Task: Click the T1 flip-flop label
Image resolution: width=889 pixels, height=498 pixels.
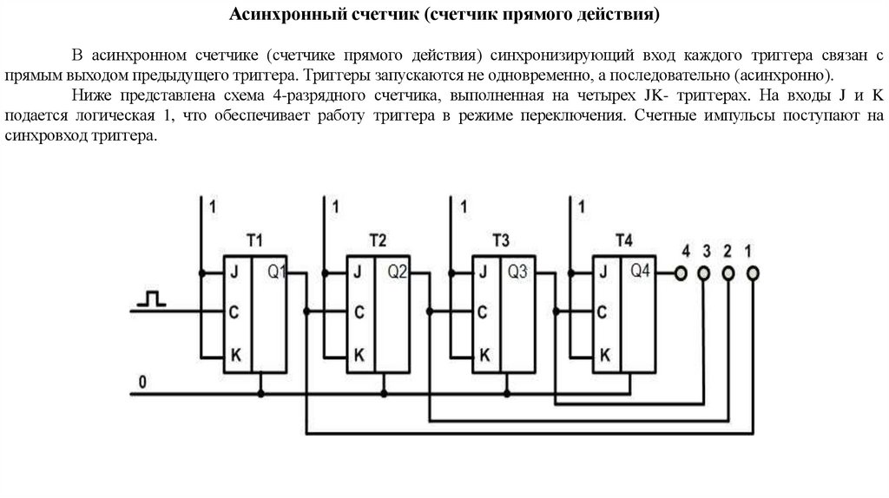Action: [254, 239]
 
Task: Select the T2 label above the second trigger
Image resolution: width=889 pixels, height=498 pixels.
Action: [378, 239]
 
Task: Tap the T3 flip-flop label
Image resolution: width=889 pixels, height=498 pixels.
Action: [501, 239]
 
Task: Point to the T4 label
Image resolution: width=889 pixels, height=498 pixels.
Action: [623, 239]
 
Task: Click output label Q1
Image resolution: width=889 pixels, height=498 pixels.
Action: [276, 272]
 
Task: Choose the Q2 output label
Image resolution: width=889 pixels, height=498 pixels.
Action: [398, 272]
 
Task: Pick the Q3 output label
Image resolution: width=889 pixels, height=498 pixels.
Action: [518, 272]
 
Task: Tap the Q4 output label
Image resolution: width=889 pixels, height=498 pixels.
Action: [640, 271]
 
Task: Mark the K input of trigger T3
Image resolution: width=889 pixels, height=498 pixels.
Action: [484, 354]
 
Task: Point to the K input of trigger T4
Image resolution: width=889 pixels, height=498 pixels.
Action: [605, 354]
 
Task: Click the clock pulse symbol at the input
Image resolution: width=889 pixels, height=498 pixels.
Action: [152, 299]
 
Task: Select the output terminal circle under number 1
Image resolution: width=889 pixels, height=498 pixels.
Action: [752, 273]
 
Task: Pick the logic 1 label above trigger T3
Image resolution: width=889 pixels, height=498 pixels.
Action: [464, 206]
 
